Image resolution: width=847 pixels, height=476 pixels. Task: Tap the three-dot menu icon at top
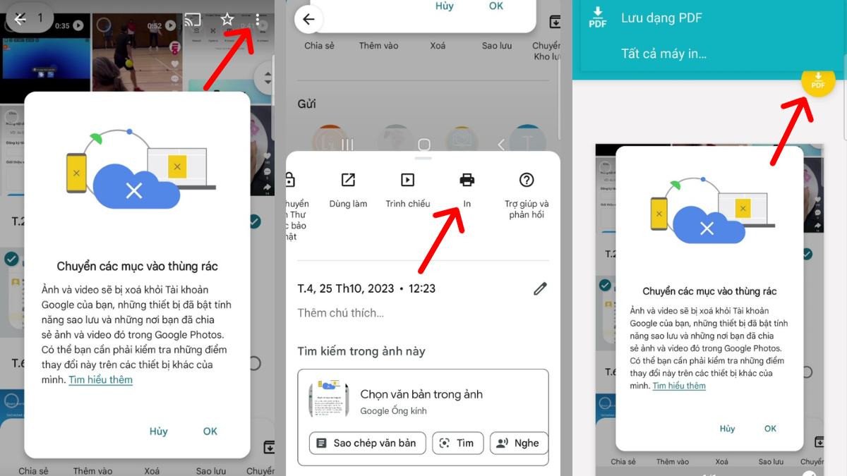pyautogui.click(x=258, y=20)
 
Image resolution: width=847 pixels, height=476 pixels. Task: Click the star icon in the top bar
pyautogui.click(x=227, y=20)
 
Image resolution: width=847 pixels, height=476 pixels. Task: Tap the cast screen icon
pyautogui.click(x=193, y=20)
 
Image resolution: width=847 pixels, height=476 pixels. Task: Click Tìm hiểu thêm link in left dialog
pyautogui.click(x=100, y=379)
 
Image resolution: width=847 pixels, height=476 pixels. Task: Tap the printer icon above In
pyautogui.click(x=467, y=180)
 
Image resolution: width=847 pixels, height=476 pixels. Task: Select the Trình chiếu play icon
pyautogui.click(x=407, y=180)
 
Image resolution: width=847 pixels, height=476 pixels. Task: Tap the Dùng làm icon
pyautogui.click(x=348, y=180)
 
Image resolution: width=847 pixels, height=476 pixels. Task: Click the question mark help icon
pyautogui.click(x=527, y=180)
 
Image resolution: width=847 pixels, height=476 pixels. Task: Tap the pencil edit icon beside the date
pyautogui.click(x=540, y=288)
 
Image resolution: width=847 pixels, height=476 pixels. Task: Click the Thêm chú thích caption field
pyautogui.click(x=341, y=313)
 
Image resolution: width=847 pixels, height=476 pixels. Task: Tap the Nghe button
pyautogui.click(x=519, y=443)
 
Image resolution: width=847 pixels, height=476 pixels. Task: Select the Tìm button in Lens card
pyautogui.click(x=457, y=443)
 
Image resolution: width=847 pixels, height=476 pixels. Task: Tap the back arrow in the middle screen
pyautogui.click(x=308, y=19)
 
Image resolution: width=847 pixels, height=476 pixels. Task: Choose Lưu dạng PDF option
pyautogui.click(x=661, y=18)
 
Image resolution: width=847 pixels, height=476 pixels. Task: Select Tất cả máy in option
pyautogui.click(x=663, y=54)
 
